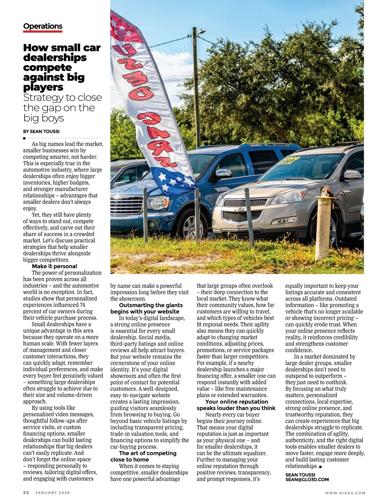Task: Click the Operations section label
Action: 43,26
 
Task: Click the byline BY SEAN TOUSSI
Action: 41,131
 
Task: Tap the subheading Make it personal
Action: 54,266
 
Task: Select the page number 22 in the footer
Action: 26,493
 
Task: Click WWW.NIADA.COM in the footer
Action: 345,493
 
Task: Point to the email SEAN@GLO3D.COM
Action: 307,479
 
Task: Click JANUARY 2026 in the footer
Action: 52,493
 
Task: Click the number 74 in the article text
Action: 83,305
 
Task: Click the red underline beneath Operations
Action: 43,32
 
